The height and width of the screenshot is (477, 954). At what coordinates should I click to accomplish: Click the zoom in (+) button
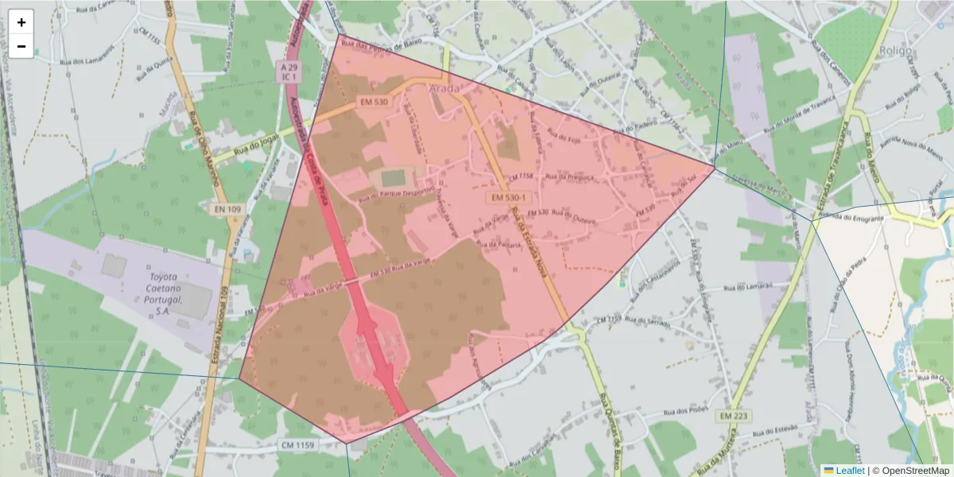click(x=21, y=22)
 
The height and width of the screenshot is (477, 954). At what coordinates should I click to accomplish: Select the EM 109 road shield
click(x=227, y=209)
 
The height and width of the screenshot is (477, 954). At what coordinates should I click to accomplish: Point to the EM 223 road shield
click(x=735, y=416)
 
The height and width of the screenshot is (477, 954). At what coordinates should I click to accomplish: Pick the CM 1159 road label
click(x=298, y=445)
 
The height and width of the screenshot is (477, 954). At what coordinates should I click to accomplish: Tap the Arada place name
click(x=444, y=88)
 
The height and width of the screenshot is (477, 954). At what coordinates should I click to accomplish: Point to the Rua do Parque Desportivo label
click(x=397, y=194)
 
